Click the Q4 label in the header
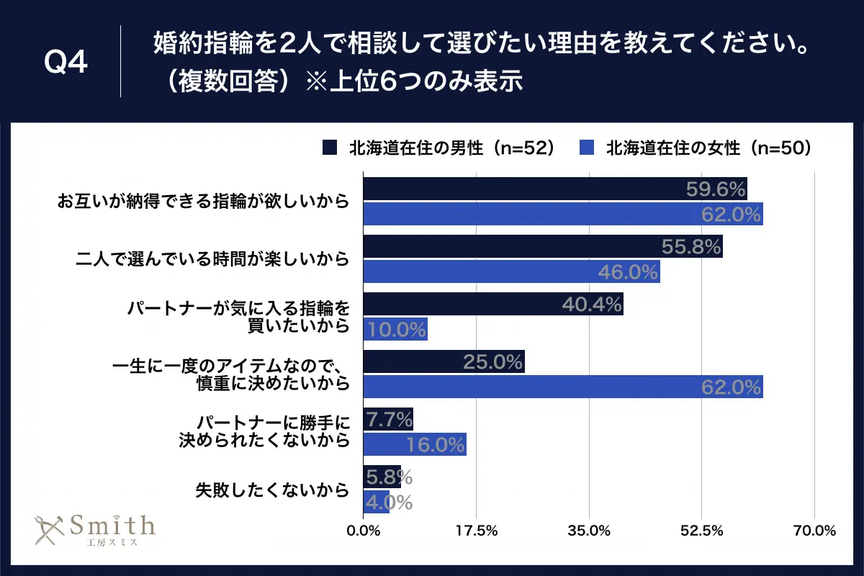click(66, 63)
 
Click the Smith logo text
click(112, 524)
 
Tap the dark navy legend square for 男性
click(330, 148)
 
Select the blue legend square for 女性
click(587, 148)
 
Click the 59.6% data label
click(714, 189)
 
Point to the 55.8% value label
click(690, 247)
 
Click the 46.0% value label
click(628, 271)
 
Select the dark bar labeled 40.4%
click(493, 304)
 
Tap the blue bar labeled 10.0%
click(395, 329)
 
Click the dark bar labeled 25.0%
click(444, 361)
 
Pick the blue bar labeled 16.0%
click(415, 444)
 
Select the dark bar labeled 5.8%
click(382, 477)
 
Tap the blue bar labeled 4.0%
click(377, 501)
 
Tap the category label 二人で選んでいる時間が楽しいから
click(212, 259)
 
